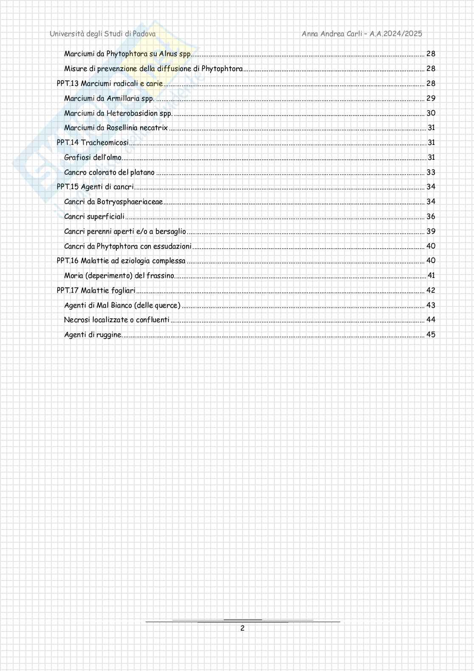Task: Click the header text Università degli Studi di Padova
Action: [x=102, y=34]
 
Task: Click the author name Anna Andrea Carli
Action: [x=332, y=34]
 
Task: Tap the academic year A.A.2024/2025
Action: [x=396, y=34]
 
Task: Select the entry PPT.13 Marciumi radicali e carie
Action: [x=110, y=84]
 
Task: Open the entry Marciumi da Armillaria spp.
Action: [x=109, y=99]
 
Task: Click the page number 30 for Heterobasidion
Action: [x=431, y=113]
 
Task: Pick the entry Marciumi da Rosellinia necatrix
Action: [x=116, y=128]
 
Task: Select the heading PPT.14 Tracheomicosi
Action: [x=93, y=143]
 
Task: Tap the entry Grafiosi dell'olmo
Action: [x=93, y=158]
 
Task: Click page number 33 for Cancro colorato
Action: [x=431, y=173]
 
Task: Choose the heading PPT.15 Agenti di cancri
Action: [x=95, y=187]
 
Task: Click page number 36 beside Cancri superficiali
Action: [x=431, y=217]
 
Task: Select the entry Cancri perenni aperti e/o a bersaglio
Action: [x=125, y=232]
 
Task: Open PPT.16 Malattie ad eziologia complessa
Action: [x=121, y=261]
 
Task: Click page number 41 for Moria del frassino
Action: [x=431, y=276]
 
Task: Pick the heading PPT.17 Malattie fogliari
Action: [x=96, y=291]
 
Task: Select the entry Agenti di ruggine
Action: [x=93, y=335]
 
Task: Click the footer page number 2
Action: [x=243, y=629]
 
